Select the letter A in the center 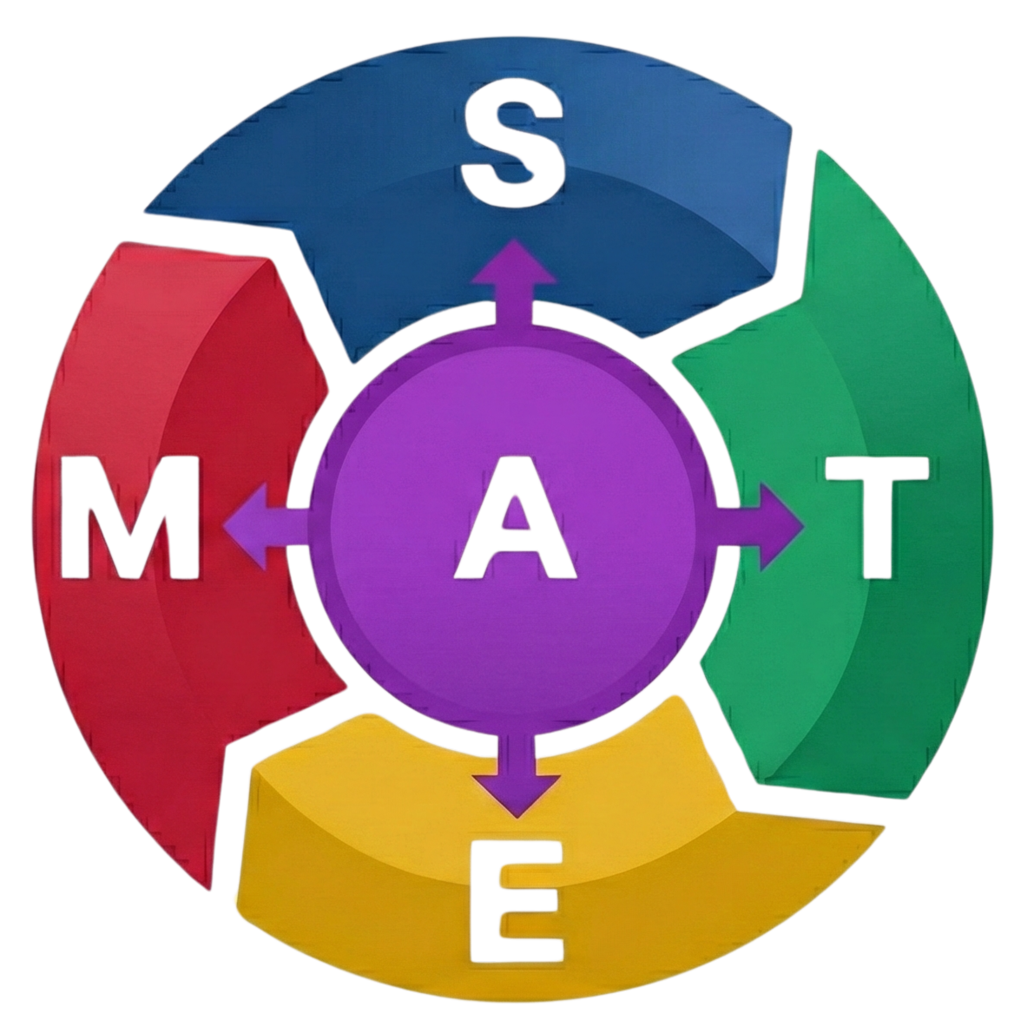515,530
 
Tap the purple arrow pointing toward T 764,526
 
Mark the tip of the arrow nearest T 804,526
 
